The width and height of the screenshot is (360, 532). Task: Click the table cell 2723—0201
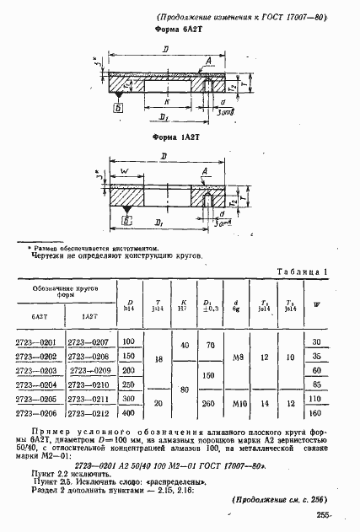[37, 341]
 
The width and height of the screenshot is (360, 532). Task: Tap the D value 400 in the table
[128, 414]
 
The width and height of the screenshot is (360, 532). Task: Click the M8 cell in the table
[239, 357]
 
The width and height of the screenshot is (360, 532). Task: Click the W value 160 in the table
[316, 414]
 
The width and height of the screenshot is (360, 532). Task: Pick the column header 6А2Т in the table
[37, 315]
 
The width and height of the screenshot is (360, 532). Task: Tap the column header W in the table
[316, 304]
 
